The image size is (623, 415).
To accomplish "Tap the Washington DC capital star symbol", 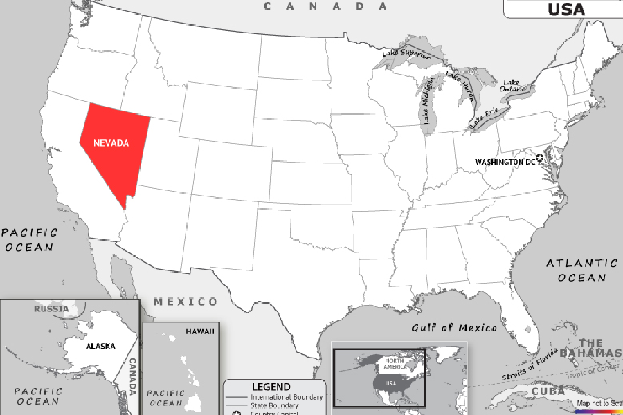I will [x=541, y=158].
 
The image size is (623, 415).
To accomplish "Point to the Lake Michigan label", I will [x=428, y=100].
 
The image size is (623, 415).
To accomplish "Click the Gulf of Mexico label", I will [x=454, y=328].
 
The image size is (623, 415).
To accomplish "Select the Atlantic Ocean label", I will [x=581, y=270].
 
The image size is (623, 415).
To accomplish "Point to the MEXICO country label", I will [x=185, y=302].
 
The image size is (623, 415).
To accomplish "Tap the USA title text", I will [x=566, y=9].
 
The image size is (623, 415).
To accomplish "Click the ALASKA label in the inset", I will [x=100, y=346].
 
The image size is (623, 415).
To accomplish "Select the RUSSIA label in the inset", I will [x=52, y=308].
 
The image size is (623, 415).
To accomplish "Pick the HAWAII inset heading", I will [x=199, y=331].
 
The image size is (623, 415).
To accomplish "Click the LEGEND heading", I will [x=271, y=387].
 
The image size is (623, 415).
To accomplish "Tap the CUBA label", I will [x=546, y=392].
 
